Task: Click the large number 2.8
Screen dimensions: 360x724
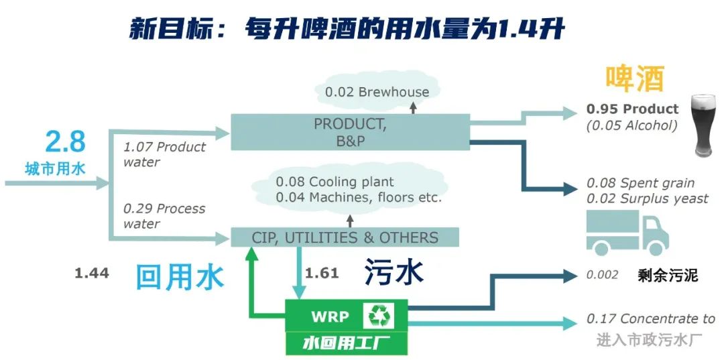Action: click(x=65, y=142)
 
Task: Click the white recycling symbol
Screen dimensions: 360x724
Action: click(x=379, y=316)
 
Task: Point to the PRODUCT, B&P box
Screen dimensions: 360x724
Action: click(x=349, y=132)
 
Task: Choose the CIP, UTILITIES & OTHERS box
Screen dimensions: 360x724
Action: click(x=345, y=237)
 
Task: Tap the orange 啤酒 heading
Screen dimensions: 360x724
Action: click(x=635, y=79)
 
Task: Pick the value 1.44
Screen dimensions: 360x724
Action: click(x=92, y=273)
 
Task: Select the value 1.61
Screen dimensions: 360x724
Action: click(x=322, y=273)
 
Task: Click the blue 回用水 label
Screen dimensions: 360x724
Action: click(x=180, y=276)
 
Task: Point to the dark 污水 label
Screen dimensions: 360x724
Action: click(x=394, y=274)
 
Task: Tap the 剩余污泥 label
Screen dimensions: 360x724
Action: click(x=668, y=276)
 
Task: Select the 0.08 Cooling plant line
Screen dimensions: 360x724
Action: click(x=335, y=182)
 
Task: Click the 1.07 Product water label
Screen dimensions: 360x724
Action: click(x=164, y=154)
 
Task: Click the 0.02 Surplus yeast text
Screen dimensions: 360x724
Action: click(x=647, y=198)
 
